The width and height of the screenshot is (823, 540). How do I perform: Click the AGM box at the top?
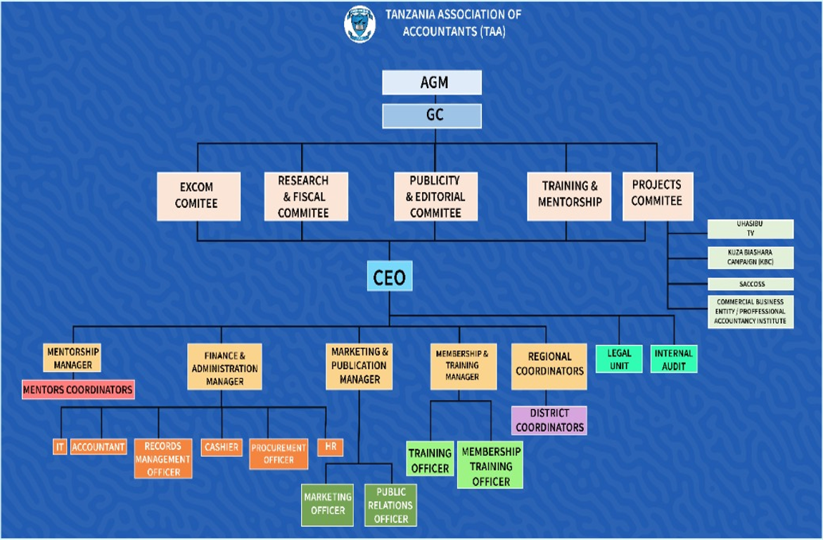point(432,82)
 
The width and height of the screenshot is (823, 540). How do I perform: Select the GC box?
point(432,115)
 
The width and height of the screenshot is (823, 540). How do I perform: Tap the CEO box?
point(389,277)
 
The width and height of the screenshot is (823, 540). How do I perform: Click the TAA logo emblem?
point(359,23)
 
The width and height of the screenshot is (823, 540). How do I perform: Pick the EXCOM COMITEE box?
point(197,195)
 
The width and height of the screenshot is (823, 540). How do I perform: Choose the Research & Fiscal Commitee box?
point(303,196)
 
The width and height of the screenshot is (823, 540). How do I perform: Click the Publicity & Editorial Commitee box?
point(435,196)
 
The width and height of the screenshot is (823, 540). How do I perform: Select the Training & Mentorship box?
point(569,195)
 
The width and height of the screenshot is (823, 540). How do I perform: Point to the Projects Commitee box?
point(657,193)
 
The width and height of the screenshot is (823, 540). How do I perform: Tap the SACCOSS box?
point(751,284)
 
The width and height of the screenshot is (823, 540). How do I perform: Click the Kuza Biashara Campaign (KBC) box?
point(751,257)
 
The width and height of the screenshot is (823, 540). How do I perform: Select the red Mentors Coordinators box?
point(78,389)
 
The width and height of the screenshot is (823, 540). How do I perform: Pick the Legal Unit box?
point(619,359)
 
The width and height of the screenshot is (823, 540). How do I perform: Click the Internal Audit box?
point(673,359)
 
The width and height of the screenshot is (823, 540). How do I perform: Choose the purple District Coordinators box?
point(549,420)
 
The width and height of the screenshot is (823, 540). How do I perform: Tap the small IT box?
point(60,447)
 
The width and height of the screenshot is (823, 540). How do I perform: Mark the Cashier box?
point(221,447)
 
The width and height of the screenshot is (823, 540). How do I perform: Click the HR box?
point(330,447)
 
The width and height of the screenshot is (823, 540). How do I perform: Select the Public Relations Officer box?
point(391,506)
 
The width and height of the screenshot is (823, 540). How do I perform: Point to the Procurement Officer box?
point(279,454)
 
